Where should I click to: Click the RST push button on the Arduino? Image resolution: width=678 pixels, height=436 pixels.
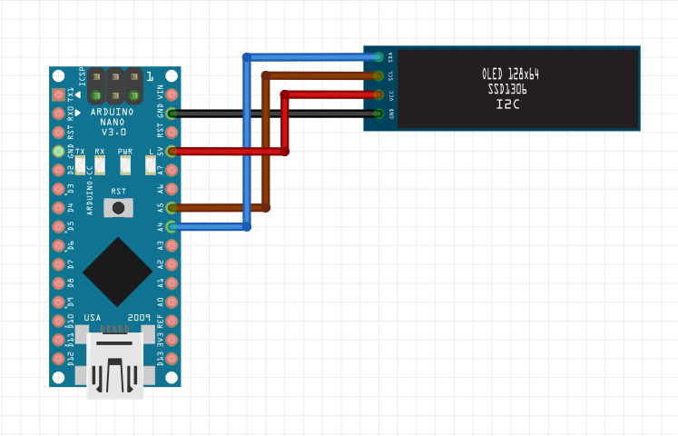point(116,208)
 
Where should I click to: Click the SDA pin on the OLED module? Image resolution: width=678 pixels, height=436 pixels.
point(378,56)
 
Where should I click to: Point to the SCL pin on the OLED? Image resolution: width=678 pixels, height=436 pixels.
point(378,75)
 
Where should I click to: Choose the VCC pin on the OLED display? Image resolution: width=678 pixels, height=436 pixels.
point(378,94)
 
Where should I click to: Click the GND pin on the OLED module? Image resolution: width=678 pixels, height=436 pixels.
point(378,114)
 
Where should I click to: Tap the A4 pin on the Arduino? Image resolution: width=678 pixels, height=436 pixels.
point(172,226)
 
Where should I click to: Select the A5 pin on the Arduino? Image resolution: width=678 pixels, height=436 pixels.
point(172,207)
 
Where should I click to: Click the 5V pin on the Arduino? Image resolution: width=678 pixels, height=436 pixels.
point(172,151)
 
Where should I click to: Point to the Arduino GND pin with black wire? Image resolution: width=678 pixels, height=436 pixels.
point(172,114)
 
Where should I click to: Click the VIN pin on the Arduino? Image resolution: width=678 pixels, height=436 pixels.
point(172,94)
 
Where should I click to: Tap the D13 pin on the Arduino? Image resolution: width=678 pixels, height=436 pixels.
point(172,358)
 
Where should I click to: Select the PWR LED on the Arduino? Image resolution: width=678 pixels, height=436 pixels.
point(125,164)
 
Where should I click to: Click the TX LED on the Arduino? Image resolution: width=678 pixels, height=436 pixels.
point(80,164)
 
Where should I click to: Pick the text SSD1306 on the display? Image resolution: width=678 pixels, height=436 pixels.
point(508,90)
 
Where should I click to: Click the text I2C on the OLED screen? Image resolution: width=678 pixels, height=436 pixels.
point(508,105)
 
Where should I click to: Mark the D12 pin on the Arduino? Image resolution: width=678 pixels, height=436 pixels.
point(59,358)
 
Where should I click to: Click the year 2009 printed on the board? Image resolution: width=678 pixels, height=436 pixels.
point(139,317)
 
